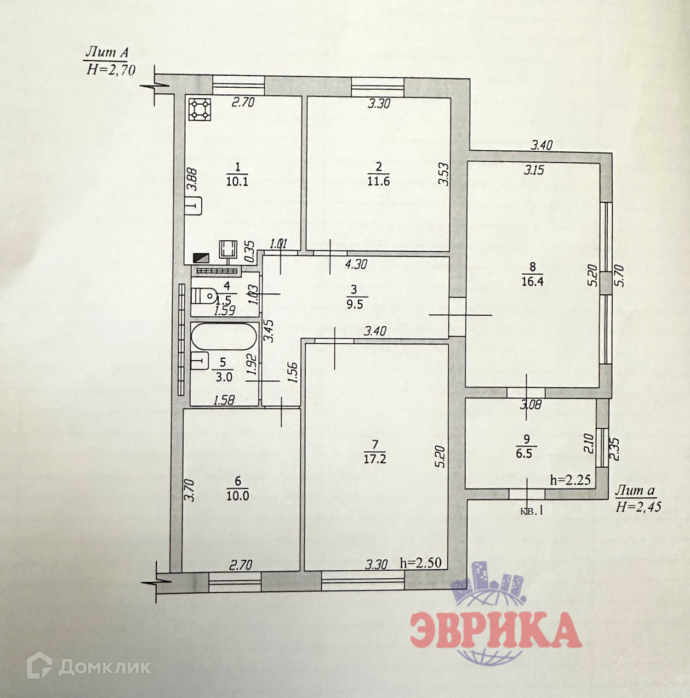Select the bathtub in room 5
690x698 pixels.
click(224, 336)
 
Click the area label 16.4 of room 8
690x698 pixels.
click(532, 282)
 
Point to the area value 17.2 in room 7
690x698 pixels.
click(375, 459)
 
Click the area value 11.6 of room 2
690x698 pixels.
click(378, 181)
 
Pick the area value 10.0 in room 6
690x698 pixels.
click(238, 496)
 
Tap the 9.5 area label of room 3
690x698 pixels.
click(355, 304)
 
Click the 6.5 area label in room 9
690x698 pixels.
click(524, 453)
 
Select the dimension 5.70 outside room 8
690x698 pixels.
click(619, 276)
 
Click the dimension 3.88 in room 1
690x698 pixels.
click(191, 179)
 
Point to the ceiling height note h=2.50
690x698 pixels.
click(421, 563)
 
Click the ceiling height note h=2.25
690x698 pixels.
click(570, 480)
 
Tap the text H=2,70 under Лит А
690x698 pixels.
click(111, 70)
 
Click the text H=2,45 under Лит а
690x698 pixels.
click(638, 507)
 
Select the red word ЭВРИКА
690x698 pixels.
click(496, 630)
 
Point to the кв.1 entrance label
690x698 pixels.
click(531, 510)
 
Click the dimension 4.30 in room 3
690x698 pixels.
click(356, 264)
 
